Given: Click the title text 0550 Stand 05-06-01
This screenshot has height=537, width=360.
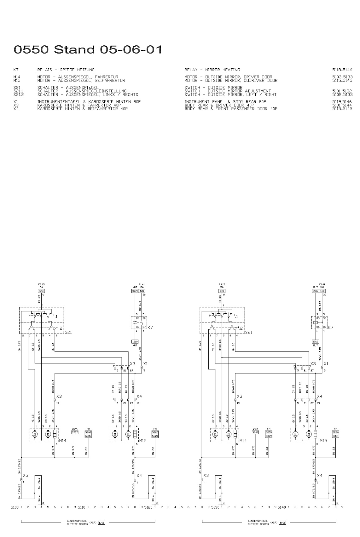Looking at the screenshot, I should [x=88, y=50].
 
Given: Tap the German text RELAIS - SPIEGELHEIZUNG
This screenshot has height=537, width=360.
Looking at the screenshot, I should [x=66, y=70].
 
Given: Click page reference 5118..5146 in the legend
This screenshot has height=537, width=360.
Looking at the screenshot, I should [x=342, y=70].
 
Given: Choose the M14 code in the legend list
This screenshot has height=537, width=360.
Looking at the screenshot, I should [x=16, y=77].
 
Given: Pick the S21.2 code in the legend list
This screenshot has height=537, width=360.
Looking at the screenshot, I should [x=18, y=94].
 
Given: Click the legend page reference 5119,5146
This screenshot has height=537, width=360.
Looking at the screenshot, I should [x=342, y=102].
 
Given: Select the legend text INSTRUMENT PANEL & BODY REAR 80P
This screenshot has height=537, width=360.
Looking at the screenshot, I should [x=225, y=102].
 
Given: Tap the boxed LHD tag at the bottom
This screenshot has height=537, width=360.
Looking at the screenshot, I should [x=101, y=523].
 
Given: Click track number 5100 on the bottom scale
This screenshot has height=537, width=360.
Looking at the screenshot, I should [x=15, y=507].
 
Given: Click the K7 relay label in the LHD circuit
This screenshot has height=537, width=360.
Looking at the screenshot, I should [x=150, y=328].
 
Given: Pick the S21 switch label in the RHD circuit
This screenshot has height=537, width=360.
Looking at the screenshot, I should [x=249, y=332].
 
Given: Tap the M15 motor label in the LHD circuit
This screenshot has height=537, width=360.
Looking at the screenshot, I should [x=143, y=441].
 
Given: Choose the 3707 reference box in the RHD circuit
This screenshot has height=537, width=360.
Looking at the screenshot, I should [x=255, y=432].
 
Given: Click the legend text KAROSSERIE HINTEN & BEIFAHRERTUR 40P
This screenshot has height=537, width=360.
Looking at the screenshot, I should [x=83, y=109].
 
